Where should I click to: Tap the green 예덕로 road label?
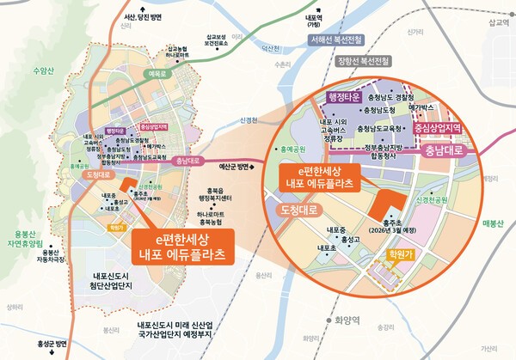(x=156, y=76)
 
